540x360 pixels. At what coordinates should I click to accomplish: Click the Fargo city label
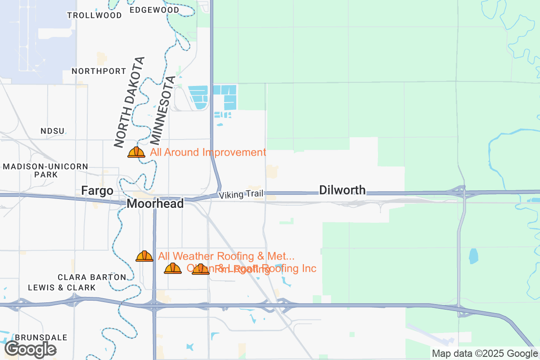pos(97,191)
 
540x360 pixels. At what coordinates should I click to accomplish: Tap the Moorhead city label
pos(155,204)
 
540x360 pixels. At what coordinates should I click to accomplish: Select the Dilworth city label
pos(342,190)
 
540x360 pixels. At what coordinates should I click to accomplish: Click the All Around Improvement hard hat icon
pos(136,152)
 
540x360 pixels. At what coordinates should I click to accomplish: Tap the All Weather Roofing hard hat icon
pos(144,256)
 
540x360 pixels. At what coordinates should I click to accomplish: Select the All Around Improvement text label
pos(208,152)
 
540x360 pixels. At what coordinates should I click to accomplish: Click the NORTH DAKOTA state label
pos(130,103)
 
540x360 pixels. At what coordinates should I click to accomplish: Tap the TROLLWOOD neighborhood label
pos(94,15)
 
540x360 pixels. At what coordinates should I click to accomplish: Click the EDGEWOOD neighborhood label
pos(154,10)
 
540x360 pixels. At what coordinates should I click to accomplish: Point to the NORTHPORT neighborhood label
pos(99,71)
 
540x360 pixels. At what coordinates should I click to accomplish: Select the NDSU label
pos(53,131)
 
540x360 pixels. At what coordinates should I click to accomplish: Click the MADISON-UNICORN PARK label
pos(45,170)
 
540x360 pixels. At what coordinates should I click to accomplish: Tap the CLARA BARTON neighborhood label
pos(92,277)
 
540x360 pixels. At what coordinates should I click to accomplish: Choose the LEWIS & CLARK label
pos(62,287)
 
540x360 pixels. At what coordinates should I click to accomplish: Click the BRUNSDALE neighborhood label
pos(41,337)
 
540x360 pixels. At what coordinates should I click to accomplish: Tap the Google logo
pos(31,349)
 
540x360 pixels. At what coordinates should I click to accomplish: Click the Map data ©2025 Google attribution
pos(485,354)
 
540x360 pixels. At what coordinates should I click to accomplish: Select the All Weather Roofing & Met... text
pos(226,256)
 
